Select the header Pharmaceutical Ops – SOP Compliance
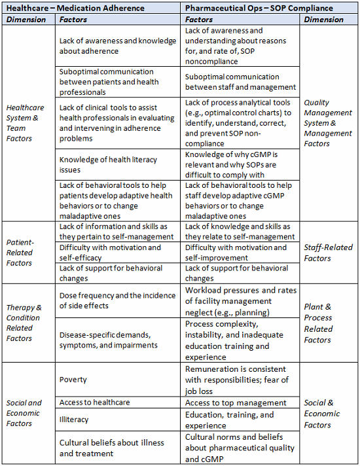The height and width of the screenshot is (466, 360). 259,8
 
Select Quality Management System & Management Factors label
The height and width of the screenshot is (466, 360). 328,123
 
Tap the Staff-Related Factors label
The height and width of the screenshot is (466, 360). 328,253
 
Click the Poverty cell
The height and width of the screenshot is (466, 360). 73,380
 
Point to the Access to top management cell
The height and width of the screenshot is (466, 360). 236,403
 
